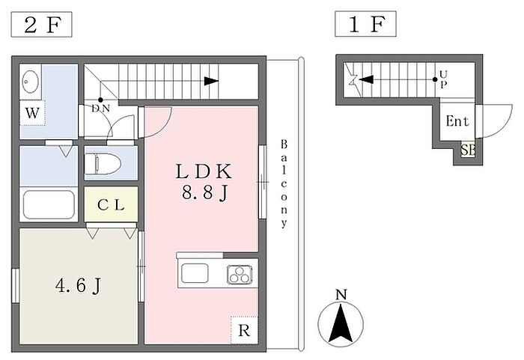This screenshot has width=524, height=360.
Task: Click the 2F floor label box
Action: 41,25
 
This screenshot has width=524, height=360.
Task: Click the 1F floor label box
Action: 365,25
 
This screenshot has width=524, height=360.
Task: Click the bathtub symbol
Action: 48,203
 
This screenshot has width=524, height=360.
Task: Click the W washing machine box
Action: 31,115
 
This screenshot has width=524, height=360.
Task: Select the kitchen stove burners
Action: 240,275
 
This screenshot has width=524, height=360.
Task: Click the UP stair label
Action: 444,78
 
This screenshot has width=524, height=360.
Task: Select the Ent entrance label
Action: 457,121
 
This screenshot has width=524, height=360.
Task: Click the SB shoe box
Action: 468,150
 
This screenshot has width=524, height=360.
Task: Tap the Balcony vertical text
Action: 284,183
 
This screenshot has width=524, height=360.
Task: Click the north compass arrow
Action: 341,323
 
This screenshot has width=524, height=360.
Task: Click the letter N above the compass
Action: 341,295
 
